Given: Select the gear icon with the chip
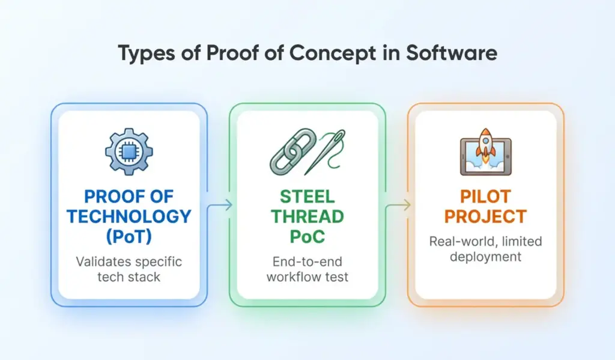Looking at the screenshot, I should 129,151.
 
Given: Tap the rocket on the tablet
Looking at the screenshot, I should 484,147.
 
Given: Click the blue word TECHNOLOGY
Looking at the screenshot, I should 129,216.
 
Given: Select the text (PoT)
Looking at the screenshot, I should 129,236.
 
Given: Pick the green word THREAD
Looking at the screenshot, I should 307,216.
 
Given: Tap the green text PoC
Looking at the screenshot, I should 307,236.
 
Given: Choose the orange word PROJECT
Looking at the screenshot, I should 486,216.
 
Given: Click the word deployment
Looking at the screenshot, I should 486,257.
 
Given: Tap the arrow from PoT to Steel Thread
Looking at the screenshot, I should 220,206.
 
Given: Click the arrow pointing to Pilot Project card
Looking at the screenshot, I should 398,206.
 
